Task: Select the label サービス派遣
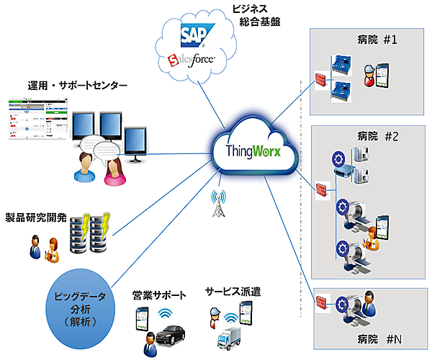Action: (232, 292)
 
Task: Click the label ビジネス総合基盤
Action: (256, 16)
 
